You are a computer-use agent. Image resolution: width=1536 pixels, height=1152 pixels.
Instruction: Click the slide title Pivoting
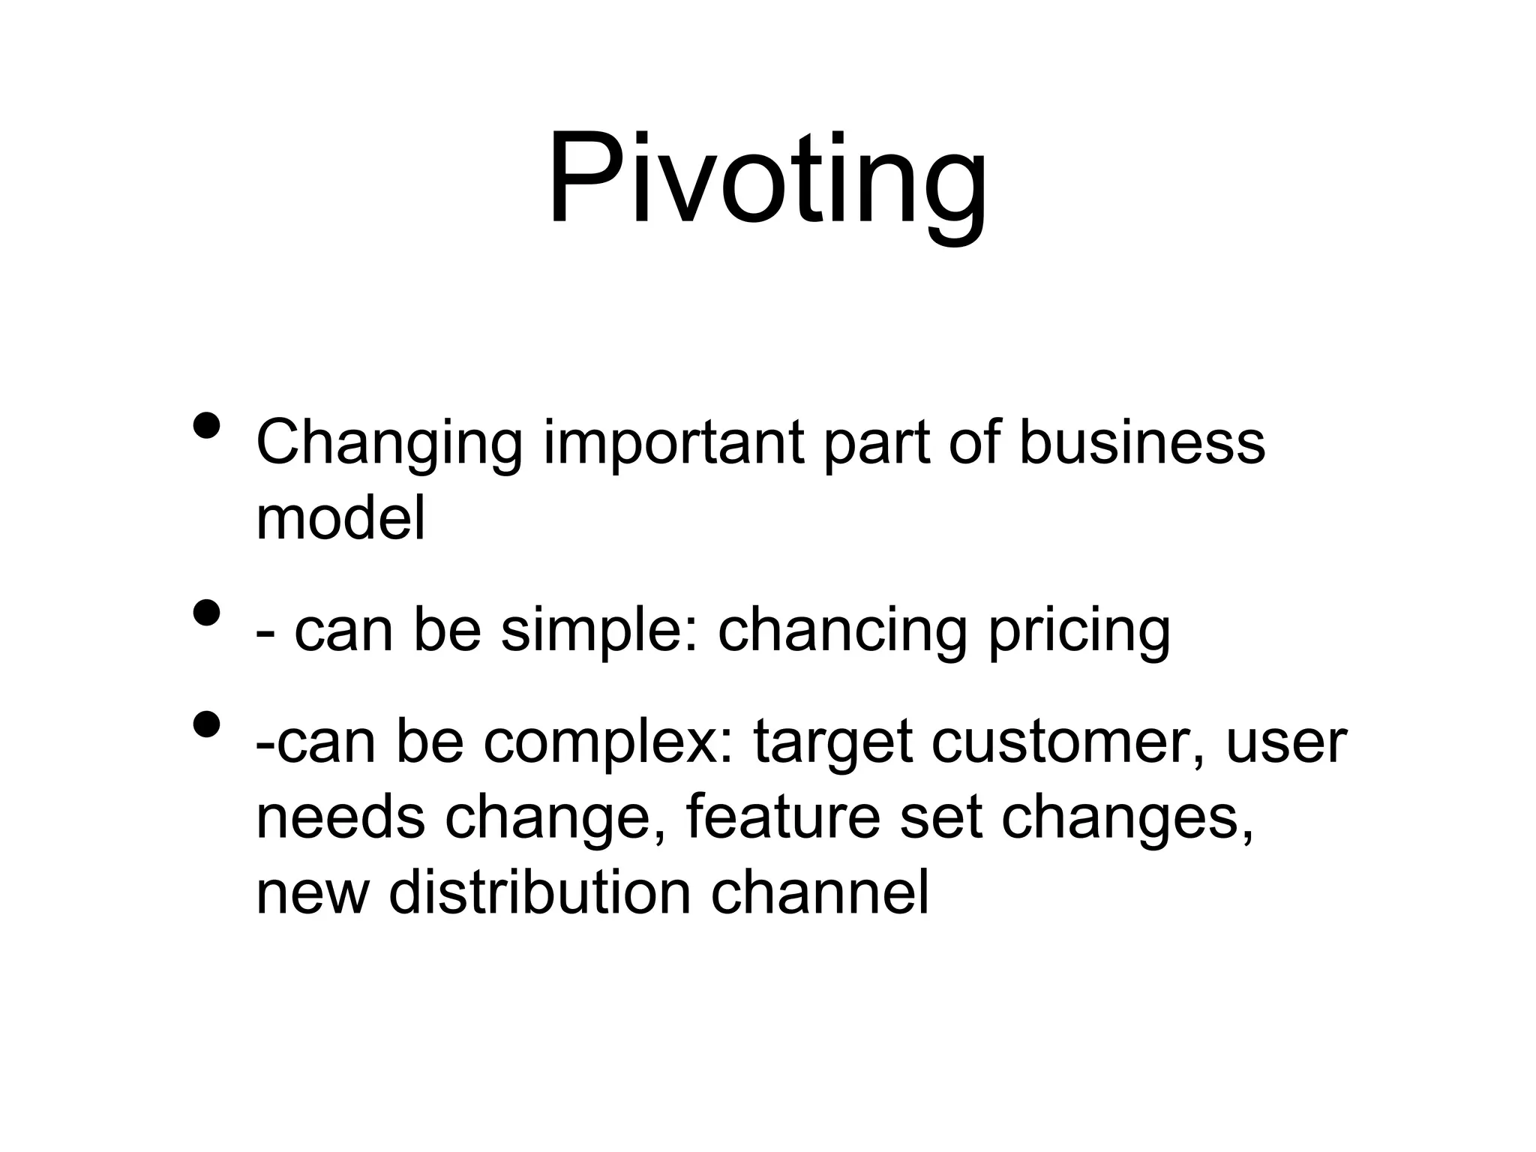click(766, 180)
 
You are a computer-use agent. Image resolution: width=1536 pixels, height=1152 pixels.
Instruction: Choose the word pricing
click(1078, 631)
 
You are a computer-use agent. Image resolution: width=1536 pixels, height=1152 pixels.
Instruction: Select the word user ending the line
click(1286, 742)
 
